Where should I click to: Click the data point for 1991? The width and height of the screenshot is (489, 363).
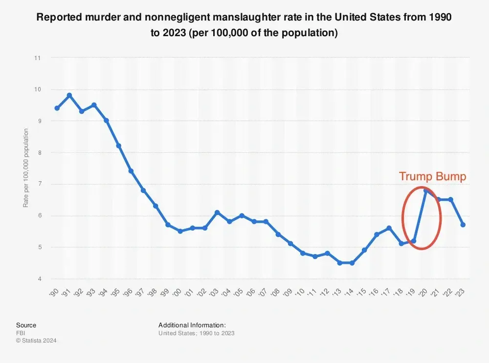(x=69, y=95)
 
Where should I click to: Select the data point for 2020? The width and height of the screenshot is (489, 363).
(x=426, y=191)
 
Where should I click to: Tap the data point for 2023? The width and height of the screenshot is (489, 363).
(x=463, y=225)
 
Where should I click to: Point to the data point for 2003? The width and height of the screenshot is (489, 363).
(x=217, y=213)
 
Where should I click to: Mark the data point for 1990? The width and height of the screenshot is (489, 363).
(x=57, y=108)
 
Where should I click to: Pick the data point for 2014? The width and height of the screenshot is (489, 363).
(x=352, y=263)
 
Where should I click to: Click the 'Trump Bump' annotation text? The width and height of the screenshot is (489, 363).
(x=433, y=176)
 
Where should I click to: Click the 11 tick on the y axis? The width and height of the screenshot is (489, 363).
(x=37, y=58)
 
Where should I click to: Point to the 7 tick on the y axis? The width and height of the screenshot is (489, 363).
(x=39, y=184)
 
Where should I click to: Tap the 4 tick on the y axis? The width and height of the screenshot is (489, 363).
(x=39, y=279)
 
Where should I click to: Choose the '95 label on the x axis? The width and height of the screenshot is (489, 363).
(x=116, y=292)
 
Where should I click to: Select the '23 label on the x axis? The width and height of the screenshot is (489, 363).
(x=461, y=292)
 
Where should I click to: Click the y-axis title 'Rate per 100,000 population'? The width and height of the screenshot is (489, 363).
(x=26, y=168)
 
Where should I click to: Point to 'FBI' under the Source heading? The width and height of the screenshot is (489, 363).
(x=21, y=333)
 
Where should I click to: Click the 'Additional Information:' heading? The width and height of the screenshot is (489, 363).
(x=192, y=325)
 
